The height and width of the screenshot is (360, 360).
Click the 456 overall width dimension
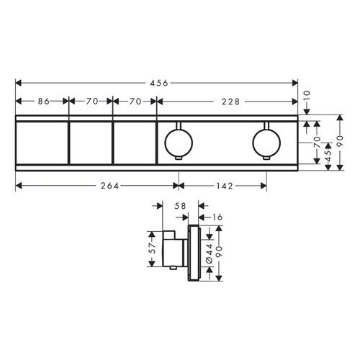pyautogui.click(x=158, y=84)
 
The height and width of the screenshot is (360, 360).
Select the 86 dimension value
pyautogui.click(x=42, y=102)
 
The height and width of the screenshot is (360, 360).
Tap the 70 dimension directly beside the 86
pyautogui.click(x=91, y=102)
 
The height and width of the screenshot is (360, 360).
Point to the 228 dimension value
pyautogui.click(x=229, y=102)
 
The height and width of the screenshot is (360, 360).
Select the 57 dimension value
pyautogui.click(x=151, y=248)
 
